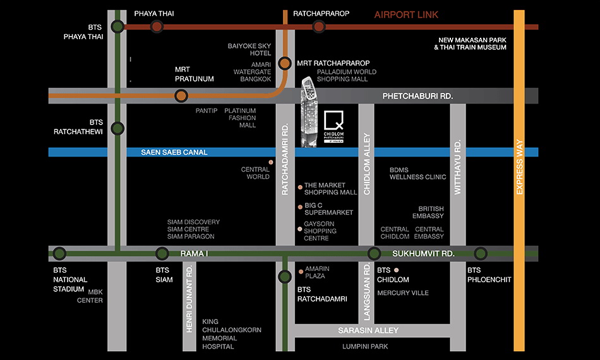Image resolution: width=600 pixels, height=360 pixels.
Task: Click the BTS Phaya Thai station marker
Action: click(x=117, y=27)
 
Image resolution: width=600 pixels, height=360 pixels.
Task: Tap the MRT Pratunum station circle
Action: click(x=181, y=96)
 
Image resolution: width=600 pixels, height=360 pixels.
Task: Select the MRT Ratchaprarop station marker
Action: click(x=285, y=63)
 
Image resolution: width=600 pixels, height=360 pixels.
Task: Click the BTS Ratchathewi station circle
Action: click(x=117, y=129)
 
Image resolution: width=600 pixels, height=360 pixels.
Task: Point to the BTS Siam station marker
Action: click(x=162, y=254)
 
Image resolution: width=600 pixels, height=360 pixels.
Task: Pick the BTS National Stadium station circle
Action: click(x=59, y=254)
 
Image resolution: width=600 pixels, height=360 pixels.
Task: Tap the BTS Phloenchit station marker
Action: click(x=481, y=254)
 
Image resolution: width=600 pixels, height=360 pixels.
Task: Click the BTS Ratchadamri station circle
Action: click(x=285, y=276)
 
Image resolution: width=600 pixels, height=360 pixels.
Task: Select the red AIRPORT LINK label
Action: click(x=406, y=15)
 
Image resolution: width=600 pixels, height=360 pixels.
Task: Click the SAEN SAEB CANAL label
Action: click(x=165, y=152)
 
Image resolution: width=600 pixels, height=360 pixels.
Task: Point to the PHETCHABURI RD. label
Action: click(x=417, y=96)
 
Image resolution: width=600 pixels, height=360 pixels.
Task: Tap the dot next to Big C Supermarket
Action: click(x=300, y=207)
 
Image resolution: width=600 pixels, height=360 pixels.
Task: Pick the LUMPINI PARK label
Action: click(x=365, y=347)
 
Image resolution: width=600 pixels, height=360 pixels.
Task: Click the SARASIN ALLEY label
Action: click(x=368, y=330)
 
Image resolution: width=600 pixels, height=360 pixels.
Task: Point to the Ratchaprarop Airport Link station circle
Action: click(x=318, y=27)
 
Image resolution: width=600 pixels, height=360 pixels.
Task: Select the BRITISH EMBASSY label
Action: click(x=431, y=213)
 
